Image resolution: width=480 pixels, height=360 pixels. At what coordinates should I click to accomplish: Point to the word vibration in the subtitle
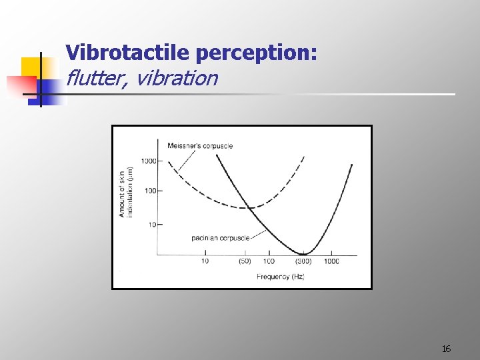coord(176,78)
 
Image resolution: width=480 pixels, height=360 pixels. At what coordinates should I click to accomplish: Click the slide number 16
coord(446,349)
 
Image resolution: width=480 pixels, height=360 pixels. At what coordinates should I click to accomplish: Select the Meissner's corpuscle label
coord(200,146)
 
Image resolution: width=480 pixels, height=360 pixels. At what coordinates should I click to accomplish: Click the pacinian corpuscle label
coord(220,237)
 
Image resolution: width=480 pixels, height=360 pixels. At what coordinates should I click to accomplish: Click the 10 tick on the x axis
coord(205,261)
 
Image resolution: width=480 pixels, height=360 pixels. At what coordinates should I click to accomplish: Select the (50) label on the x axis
coord(245,261)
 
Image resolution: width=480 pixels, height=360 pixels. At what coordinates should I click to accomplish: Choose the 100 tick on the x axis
coord(269,261)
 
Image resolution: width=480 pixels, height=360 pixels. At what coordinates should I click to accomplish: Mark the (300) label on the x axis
coord(304,261)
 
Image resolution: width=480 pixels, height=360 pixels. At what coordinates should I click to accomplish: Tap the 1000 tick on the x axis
coord(331,261)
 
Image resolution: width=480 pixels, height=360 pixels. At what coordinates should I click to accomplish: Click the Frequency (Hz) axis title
coord(280,276)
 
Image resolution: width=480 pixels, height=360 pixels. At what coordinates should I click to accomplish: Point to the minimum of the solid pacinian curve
coord(304,253)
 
